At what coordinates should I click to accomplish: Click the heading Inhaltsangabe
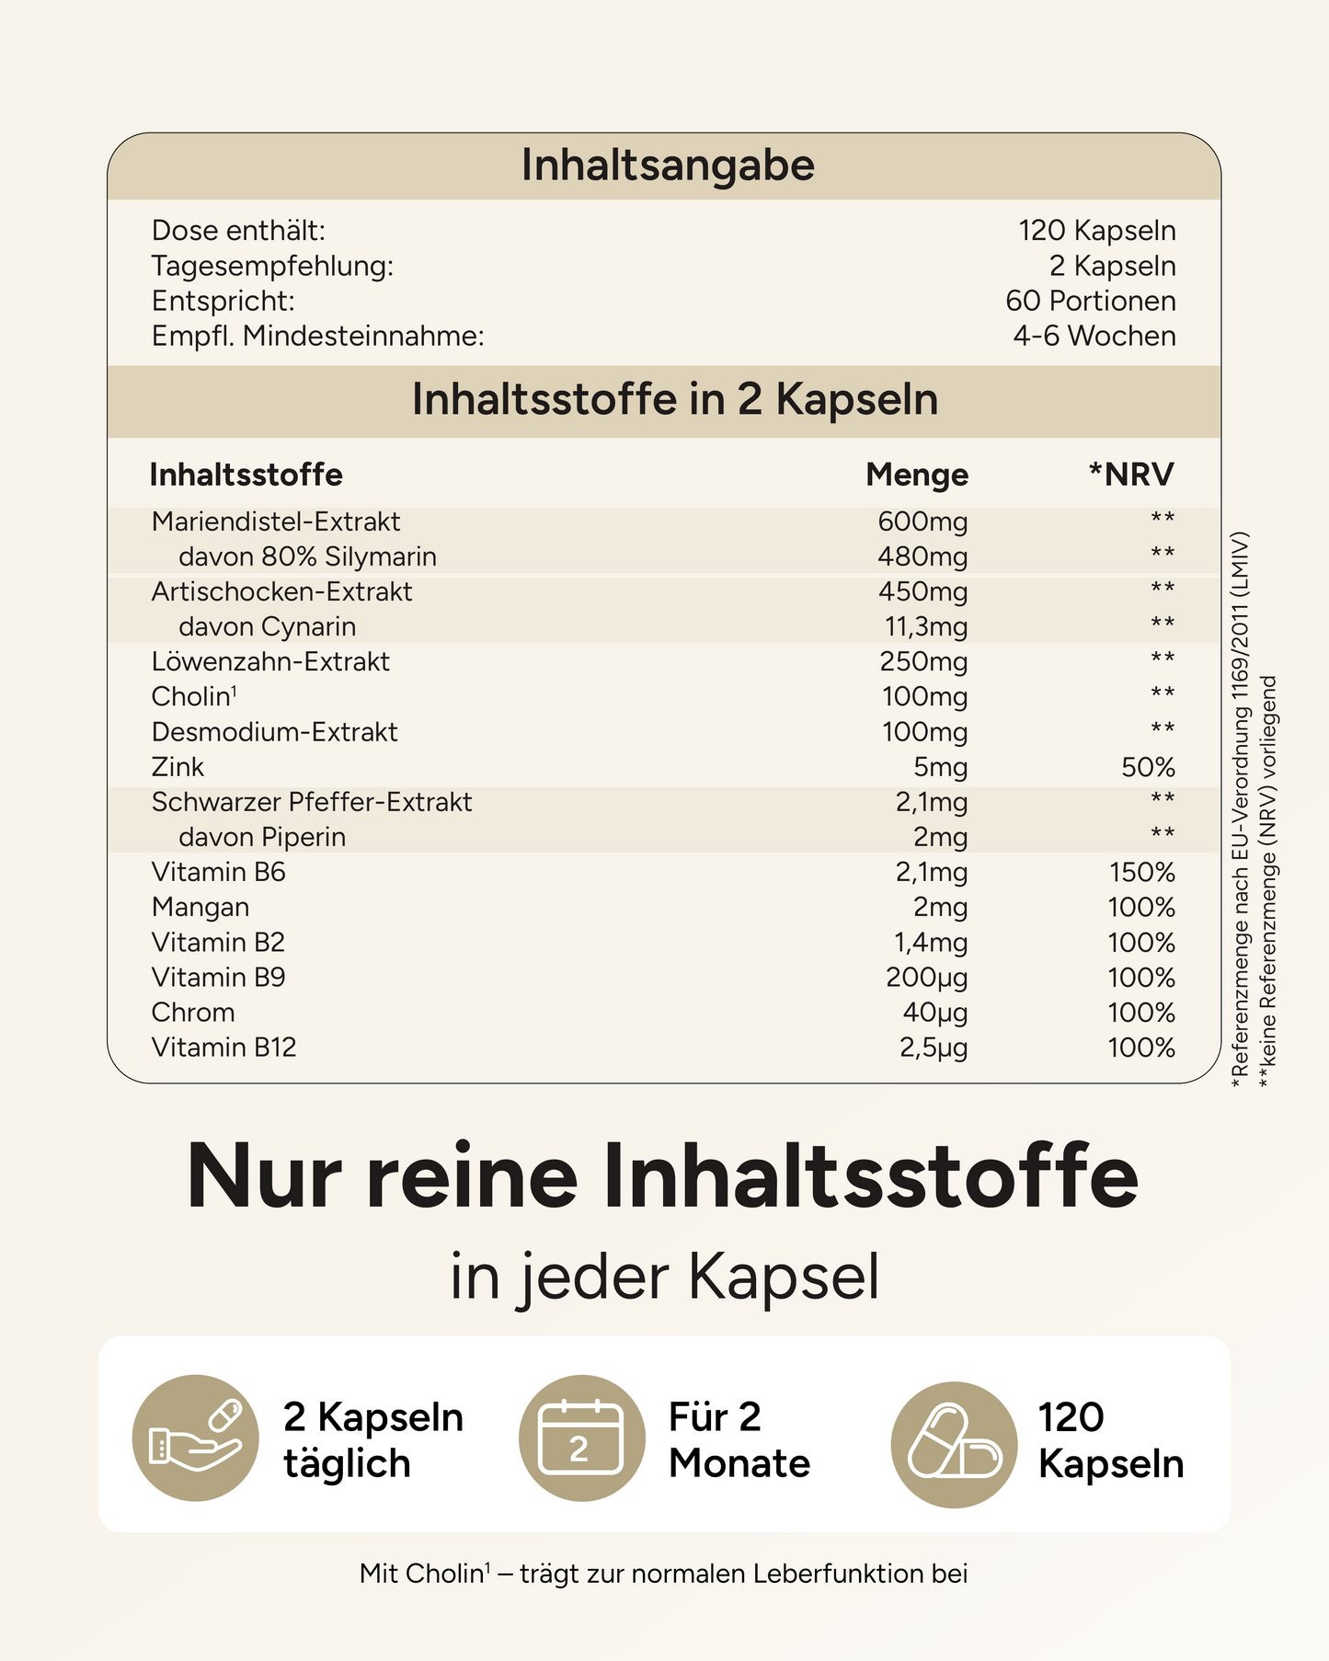click(668, 166)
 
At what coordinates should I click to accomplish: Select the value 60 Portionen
click(1090, 301)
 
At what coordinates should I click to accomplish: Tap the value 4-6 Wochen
click(1094, 336)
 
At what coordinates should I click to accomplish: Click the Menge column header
click(916, 475)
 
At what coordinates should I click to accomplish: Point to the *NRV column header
click(1130, 475)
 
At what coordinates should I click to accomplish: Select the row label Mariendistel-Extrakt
click(276, 521)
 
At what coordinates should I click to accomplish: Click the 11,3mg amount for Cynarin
click(926, 627)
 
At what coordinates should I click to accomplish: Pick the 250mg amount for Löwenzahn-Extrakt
click(923, 662)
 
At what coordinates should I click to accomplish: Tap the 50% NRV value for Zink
click(1148, 767)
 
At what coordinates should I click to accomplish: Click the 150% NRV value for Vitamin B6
click(1141, 872)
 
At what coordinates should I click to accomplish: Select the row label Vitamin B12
click(223, 1048)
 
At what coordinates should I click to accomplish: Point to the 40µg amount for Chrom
click(934, 1013)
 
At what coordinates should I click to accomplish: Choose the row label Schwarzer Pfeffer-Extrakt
click(312, 802)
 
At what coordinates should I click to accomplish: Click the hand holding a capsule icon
click(196, 1438)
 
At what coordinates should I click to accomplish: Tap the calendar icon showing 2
click(581, 1438)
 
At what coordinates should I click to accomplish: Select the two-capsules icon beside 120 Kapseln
click(955, 1444)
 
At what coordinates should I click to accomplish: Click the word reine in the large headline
click(472, 1177)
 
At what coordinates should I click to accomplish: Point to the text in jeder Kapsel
click(664, 1277)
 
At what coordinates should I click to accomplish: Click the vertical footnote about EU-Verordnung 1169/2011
click(1241, 809)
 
